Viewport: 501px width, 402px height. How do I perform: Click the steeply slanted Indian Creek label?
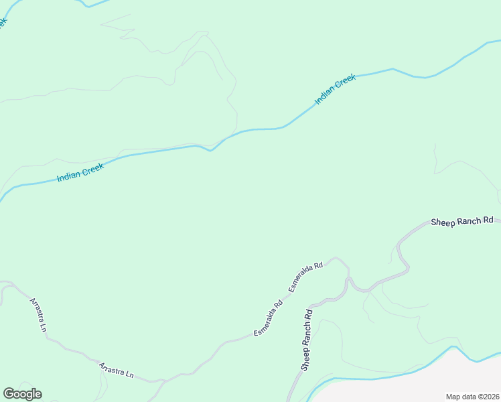point(335,90)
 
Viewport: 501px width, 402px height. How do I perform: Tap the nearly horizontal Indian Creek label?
point(80,174)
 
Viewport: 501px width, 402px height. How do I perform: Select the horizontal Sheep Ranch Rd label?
point(461,221)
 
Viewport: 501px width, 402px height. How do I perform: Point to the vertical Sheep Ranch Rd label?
point(307,340)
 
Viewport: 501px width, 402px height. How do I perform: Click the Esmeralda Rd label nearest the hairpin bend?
point(306,275)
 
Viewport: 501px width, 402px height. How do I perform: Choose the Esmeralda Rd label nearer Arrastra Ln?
point(268,318)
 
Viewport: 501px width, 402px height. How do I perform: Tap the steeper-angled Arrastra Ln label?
point(38,314)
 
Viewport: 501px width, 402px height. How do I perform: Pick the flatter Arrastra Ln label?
point(117,370)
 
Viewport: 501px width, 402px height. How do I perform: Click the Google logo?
point(22,394)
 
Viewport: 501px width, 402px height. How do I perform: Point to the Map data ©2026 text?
point(473,397)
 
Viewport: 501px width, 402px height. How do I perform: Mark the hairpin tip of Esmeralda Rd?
point(336,257)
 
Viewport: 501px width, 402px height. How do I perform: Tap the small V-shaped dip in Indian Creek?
point(210,150)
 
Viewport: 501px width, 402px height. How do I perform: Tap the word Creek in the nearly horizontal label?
point(92,171)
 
